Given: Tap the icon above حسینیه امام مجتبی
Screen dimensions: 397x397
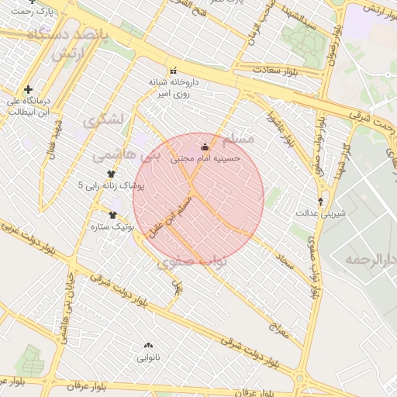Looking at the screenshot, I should (x=205, y=147).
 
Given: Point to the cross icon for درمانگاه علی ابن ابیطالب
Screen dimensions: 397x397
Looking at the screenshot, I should (x=29, y=90).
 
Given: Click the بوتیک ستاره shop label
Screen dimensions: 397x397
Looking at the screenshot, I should (x=114, y=227).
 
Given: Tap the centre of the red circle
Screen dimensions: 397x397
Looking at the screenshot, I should (x=198, y=198).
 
